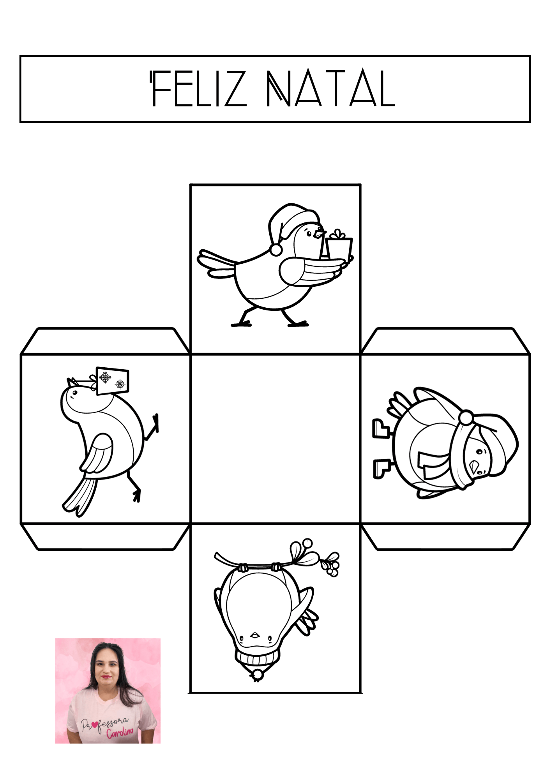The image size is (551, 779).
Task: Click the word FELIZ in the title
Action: click(x=199, y=88)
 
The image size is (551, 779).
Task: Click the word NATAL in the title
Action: click(x=331, y=88)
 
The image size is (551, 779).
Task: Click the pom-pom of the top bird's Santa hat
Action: click(x=276, y=250)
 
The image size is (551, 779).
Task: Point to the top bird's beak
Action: click(x=320, y=234)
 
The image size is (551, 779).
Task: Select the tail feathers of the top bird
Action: click(x=217, y=264)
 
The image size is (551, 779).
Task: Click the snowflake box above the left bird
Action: click(x=112, y=381)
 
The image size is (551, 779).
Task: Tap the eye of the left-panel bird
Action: click(x=73, y=393)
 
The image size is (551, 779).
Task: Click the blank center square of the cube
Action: click(x=275, y=439)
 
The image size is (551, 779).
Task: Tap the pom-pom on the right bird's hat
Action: click(x=466, y=418)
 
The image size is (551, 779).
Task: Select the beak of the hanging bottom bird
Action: click(x=255, y=635)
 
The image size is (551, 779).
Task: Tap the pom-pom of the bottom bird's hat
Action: click(x=256, y=675)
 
